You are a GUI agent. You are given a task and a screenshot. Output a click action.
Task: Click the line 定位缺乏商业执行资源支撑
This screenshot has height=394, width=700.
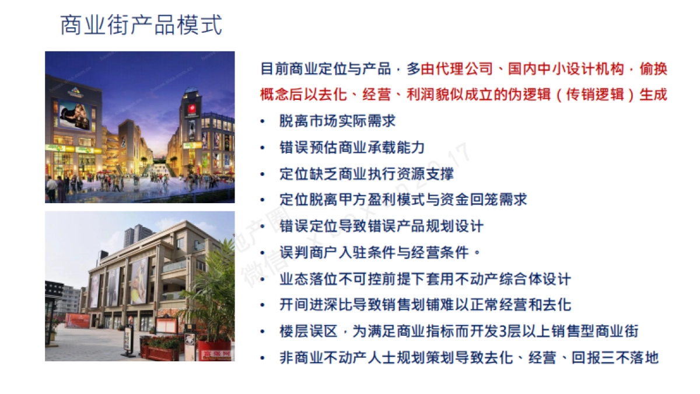pyautogui.click(x=366, y=174)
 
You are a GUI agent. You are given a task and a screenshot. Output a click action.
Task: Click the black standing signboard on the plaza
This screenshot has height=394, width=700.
pyautogui.click(x=127, y=339)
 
